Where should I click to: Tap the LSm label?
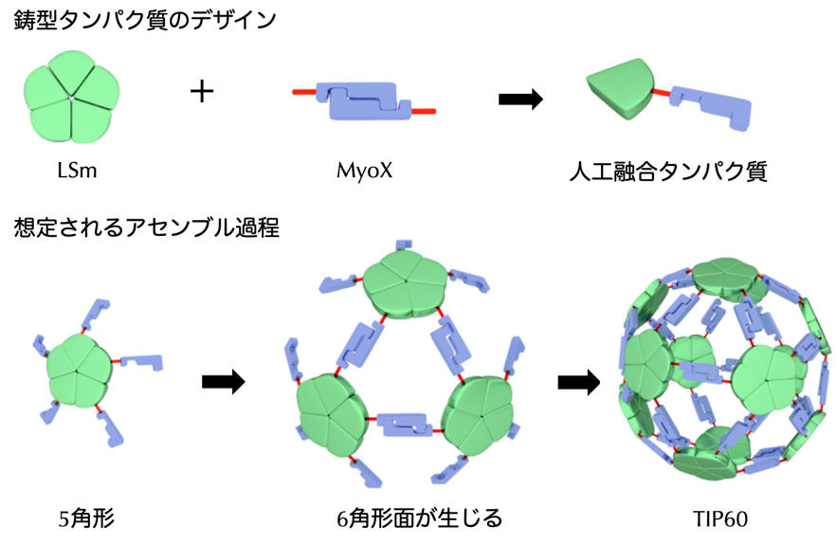click(72, 173)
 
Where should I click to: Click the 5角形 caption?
click(85, 518)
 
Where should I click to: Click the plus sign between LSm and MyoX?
click(202, 92)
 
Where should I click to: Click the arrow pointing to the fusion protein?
click(520, 99)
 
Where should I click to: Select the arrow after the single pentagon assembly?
click(224, 381)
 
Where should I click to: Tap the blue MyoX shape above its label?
click(366, 101)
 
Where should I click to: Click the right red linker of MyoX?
click(424, 112)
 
